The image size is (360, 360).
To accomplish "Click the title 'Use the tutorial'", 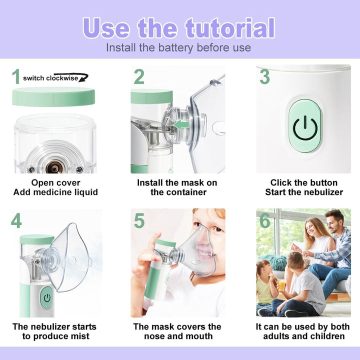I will tap(178, 28).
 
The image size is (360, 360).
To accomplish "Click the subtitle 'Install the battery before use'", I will tap(178, 48).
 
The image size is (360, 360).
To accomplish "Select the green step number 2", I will tap(139, 76).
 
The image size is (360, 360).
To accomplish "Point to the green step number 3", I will tap(264, 76).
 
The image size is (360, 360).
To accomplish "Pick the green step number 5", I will tap(139, 220).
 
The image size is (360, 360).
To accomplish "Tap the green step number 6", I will tap(264, 220).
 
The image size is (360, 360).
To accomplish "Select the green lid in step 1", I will tap(53, 96).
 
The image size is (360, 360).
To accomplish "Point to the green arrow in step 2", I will tap(183, 122).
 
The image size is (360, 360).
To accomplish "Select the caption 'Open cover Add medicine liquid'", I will tap(55, 187).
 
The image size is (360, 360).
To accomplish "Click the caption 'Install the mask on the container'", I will tap(178, 187).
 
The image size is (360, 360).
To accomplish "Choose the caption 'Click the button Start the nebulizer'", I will tap(303, 187).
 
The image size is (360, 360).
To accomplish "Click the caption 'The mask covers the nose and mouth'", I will tap(178, 331).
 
